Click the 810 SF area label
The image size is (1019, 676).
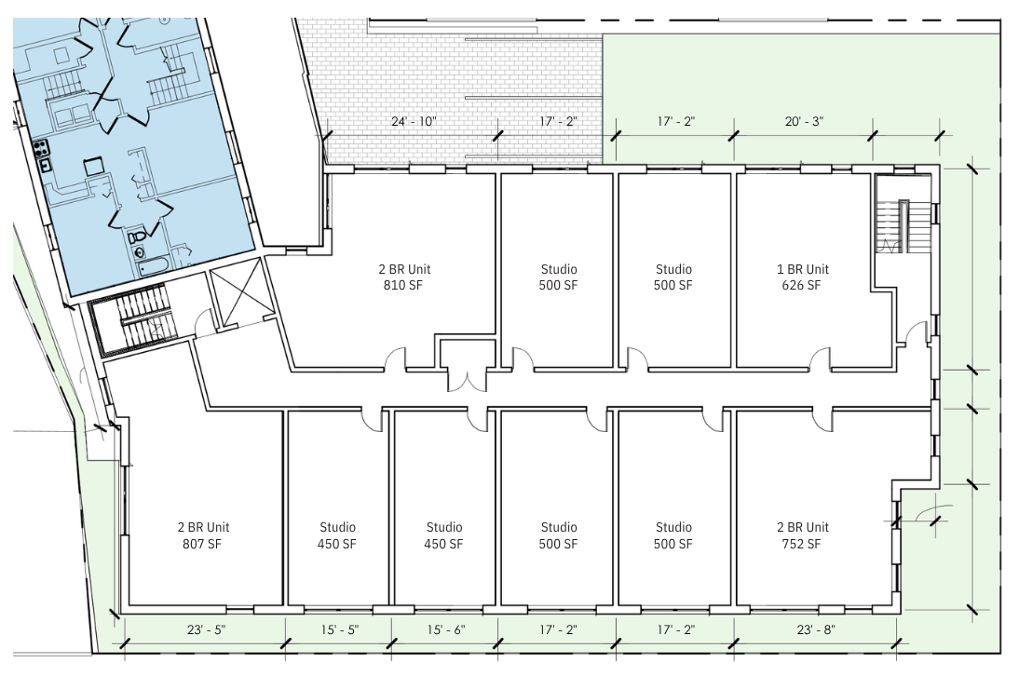pos(403,285)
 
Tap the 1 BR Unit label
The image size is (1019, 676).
pos(803,269)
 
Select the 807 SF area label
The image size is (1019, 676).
pos(202,544)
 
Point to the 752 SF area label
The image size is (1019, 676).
pos(801,544)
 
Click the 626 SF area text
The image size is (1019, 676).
pos(801,285)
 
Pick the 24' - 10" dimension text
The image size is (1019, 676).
pos(414,121)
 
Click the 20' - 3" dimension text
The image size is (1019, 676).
pos(805,121)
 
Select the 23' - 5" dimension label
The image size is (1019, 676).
pos(207,629)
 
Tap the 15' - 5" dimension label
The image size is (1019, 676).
pos(339,629)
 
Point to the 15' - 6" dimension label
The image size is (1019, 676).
pos(446,629)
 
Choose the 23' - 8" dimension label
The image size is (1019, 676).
pos(816,629)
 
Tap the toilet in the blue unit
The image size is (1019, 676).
pos(137,239)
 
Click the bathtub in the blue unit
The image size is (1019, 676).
pos(154,266)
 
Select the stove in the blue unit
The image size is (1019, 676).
pos(42,147)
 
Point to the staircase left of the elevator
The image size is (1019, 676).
pos(139,318)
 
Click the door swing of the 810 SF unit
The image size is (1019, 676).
pos(396,358)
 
